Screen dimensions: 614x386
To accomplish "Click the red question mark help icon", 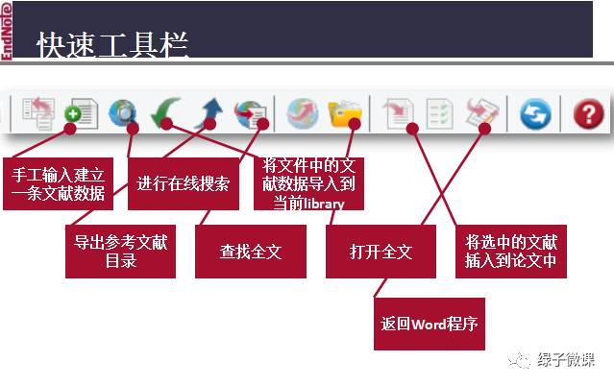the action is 589,113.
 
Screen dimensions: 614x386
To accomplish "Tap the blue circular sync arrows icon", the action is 535,114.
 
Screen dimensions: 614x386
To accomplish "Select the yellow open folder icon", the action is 345,113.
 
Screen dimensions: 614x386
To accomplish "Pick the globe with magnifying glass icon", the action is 123,112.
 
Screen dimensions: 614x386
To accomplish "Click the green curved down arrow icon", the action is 165,112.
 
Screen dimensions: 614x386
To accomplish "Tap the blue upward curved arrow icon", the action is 209,112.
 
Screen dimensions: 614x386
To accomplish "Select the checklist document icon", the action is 440,113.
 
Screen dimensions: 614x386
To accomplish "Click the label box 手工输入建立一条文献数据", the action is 58,183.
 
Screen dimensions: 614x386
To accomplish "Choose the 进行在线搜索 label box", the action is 184,183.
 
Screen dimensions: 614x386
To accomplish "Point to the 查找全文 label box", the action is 251,252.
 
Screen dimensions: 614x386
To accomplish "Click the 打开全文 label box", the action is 381,252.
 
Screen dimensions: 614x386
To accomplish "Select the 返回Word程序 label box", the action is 430,324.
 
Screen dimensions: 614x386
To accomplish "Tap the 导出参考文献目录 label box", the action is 120,252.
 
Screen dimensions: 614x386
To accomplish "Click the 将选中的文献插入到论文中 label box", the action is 511,252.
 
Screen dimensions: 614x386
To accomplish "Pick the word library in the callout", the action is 324,204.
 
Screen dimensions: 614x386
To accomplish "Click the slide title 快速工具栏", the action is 112,45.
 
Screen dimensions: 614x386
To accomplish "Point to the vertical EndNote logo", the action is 7,31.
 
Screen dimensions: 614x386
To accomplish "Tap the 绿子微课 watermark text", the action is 566,359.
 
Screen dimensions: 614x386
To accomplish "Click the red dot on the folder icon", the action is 355,124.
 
